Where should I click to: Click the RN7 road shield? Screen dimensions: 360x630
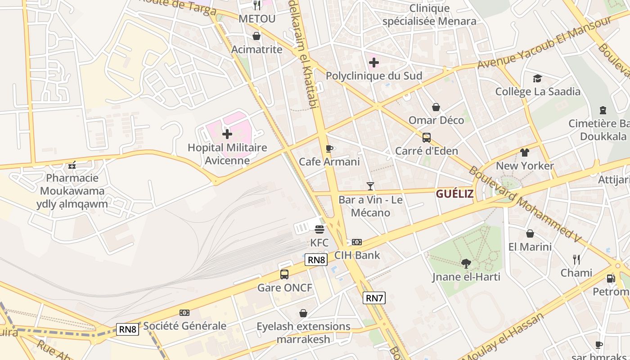[374, 297]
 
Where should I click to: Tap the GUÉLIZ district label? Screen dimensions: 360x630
[454, 194]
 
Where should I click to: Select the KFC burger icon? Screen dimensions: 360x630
[319, 229]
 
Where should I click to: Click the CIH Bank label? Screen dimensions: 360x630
[357, 255]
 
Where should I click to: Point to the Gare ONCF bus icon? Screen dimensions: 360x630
[284, 274]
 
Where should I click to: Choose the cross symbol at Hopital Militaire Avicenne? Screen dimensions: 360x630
[227, 134]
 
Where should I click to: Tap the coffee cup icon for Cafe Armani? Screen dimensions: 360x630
[329, 148]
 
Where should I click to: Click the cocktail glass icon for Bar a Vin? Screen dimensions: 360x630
[370, 186]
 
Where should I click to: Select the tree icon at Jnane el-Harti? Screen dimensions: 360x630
[466, 263]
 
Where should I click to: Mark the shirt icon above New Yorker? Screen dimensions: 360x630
[525, 153]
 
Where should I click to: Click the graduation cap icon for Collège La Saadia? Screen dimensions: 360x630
[537, 79]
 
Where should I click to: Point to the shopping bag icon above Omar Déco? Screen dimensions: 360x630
[436, 107]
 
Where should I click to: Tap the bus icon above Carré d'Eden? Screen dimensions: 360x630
[426, 138]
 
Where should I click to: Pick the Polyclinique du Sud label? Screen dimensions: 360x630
[374, 76]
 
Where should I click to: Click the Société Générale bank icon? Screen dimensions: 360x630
[184, 313]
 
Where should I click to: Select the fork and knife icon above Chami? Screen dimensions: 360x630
[576, 259]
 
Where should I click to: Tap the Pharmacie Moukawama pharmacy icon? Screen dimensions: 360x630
[72, 165]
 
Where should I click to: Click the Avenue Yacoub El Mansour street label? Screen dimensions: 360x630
[544, 42]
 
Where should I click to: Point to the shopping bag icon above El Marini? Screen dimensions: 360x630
[530, 234]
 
